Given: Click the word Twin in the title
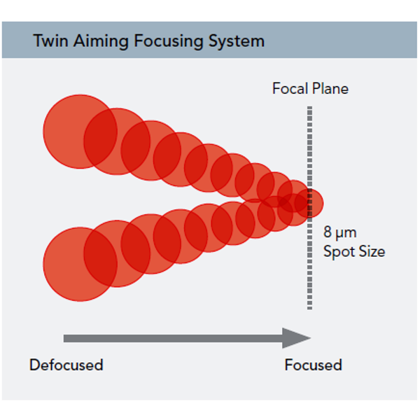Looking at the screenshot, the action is [50, 41].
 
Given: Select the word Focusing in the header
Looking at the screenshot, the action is [169, 41].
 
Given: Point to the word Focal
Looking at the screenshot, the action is [290, 88].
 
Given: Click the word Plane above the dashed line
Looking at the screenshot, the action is [330, 88].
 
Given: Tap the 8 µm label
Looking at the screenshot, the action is [340, 232].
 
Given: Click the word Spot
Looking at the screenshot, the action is [339, 252].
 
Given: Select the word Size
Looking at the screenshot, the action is [372, 251].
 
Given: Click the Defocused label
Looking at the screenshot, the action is [66, 365].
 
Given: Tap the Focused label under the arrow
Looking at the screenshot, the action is [314, 365].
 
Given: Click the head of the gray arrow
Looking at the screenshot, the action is [311, 338].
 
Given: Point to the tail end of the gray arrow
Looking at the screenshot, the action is [64, 338].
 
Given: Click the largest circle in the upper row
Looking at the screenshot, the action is [80, 132].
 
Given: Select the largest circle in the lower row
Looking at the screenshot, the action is [80, 265].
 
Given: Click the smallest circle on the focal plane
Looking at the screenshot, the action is [309, 203].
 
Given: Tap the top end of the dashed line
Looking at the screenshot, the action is [309, 106].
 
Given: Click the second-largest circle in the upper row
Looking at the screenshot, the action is [117, 141].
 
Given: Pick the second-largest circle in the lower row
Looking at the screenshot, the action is [117, 253].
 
